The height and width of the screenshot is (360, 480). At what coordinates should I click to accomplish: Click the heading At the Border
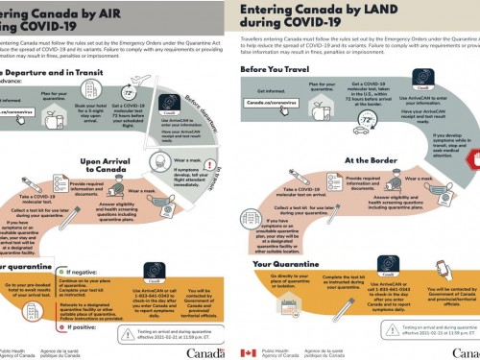[371, 160]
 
